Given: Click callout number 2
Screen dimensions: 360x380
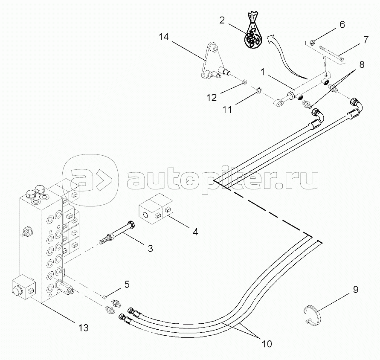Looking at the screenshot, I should click(222, 20).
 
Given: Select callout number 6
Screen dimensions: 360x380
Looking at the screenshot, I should click(342, 25).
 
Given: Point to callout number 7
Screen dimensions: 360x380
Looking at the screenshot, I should click(365, 41).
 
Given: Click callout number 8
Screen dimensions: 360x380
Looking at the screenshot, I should click(362, 65).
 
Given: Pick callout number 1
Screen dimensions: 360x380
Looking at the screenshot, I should click(264, 72).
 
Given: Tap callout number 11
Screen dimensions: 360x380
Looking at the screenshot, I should click(227, 110).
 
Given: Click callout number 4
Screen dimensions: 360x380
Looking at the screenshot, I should click(195, 232).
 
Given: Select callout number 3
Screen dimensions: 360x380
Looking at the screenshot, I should click(150, 248).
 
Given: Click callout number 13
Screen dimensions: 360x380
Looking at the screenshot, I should click(84, 328).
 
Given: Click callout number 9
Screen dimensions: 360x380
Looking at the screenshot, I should click(355, 290).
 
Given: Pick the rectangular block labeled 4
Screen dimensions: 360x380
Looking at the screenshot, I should click(156, 212).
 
